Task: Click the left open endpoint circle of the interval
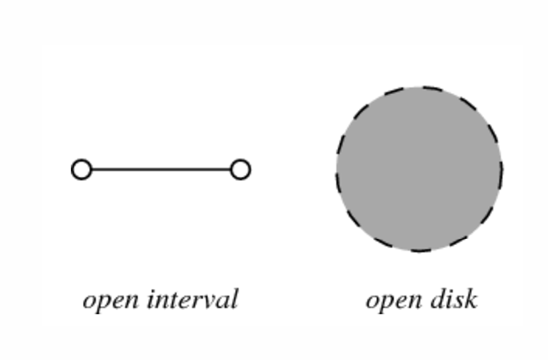(81, 169)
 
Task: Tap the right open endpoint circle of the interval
(241, 169)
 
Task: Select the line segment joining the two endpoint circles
(161, 169)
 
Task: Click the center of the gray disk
(419, 169)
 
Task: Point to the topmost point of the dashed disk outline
(419, 87)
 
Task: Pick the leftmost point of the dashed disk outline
(337, 169)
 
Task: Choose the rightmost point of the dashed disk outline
(501, 169)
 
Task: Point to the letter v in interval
(208, 301)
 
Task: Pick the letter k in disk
(470, 299)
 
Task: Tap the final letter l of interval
(235, 299)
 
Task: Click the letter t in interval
(176, 300)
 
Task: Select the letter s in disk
(458, 301)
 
